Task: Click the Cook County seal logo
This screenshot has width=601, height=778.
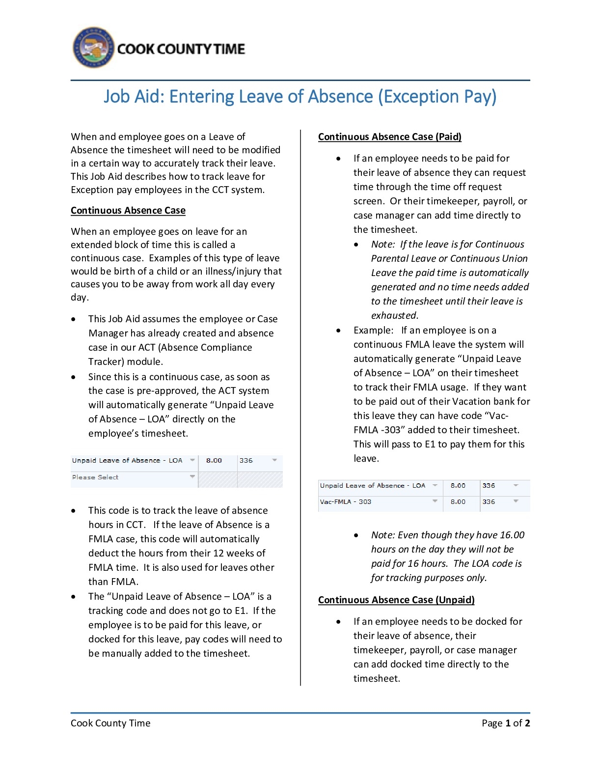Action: point(94,48)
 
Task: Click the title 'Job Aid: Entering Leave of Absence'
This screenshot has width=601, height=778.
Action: point(300,96)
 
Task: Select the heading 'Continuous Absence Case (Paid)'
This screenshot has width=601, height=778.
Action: point(389,137)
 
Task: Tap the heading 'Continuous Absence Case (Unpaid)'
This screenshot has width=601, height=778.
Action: point(396,600)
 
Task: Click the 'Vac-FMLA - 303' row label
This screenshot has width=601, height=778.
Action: point(346,502)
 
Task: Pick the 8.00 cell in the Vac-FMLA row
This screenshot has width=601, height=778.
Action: point(458,502)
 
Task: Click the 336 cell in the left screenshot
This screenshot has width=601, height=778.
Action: point(246,461)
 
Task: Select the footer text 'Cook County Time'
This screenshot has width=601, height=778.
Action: point(110,723)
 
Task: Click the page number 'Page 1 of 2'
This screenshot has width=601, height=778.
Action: point(505,723)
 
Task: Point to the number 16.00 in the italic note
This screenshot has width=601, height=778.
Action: point(512,535)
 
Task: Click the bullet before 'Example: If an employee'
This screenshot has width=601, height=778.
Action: point(338,331)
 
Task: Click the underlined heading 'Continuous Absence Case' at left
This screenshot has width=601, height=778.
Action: point(128,211)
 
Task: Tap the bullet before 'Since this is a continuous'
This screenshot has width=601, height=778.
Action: point(74,377)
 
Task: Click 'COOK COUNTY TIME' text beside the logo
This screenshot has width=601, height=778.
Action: point(181,49)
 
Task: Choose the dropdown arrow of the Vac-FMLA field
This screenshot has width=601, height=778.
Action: point(435,501)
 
